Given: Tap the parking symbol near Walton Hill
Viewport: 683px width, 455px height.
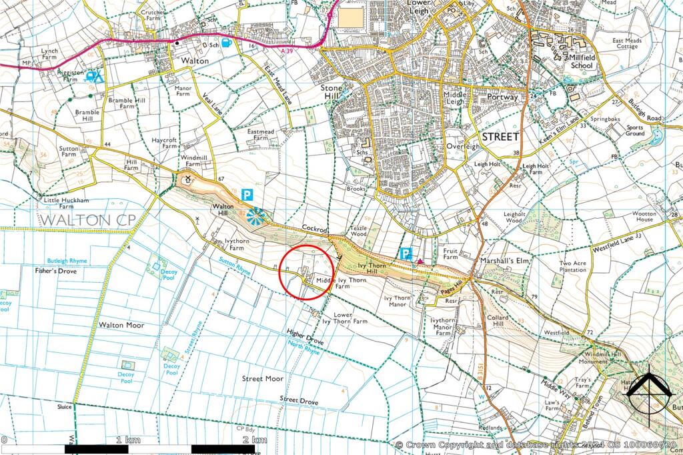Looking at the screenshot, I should [x=247, y=195].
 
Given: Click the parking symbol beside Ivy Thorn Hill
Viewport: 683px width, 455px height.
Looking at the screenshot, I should [x=404, y=253].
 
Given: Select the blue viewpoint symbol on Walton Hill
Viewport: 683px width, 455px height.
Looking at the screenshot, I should [x=255, y=215].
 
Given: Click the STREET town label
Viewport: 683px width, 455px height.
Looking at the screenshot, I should [x=500, y=136].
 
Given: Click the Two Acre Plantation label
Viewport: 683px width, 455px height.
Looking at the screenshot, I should [x=573, y=268].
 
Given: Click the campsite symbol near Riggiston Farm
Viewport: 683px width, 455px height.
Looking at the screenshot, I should [x=94, y=76].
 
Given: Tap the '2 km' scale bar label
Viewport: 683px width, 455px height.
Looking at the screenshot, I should [x=254, y=440].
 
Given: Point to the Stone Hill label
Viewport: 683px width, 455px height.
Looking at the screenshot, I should [x=331, y=92].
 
